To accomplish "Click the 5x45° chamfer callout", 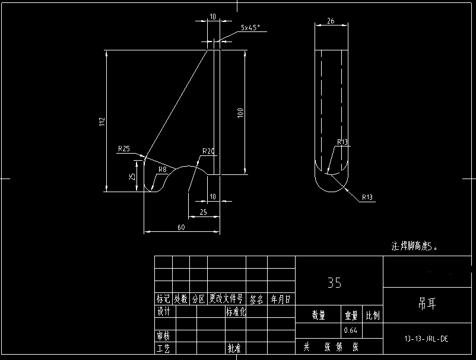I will tap(250, 28).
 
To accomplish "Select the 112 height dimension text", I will tap(102, 121).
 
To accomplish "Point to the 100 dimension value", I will tap(240, 113).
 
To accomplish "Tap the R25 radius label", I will tap(124, 149).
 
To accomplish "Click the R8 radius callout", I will tap(162, 170).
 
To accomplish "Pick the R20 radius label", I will tap(208, 151).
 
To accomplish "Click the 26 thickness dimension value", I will tap(331, 21).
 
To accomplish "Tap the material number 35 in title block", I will tap(334, 283).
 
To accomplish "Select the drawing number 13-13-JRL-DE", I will tap(426, 339).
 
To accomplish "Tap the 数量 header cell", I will tap(318, 316).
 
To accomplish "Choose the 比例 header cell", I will tap(373, 316).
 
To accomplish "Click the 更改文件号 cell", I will tap(226, 300).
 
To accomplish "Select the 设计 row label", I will tap(164, 311).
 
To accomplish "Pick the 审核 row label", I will tap(164, 336).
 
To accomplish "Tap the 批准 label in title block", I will tap(233, 349).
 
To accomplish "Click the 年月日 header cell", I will tap(281, 300).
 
